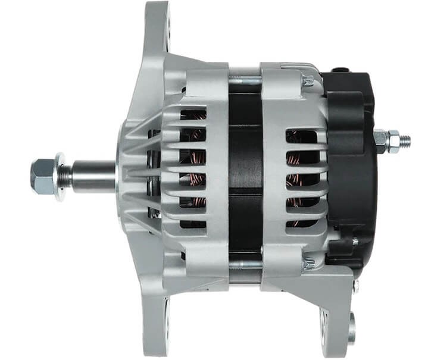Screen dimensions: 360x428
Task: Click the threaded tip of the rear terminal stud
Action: coord(404,141)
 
